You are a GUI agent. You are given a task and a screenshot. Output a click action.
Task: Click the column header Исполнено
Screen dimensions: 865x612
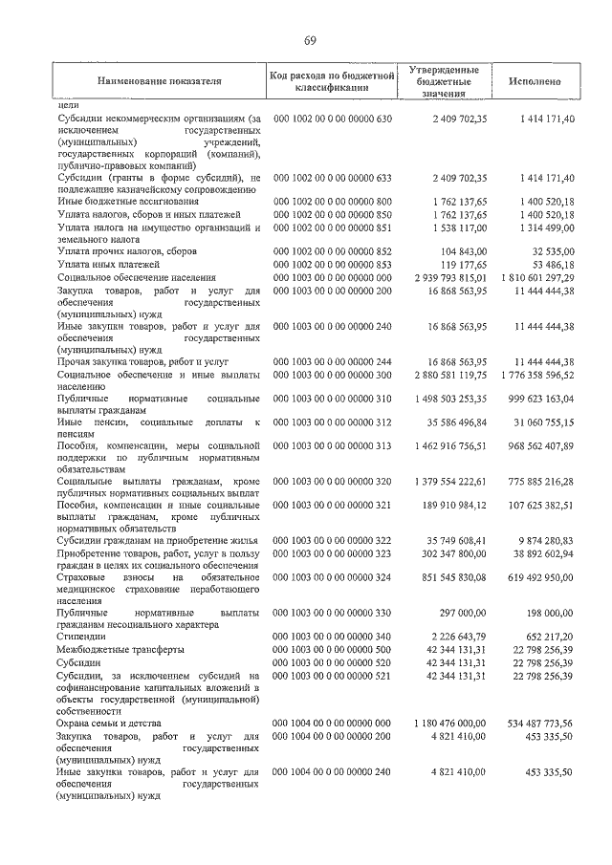535,82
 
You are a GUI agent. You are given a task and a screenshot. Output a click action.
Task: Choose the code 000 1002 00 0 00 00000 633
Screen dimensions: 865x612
333,178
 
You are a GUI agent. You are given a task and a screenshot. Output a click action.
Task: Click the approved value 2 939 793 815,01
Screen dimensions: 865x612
443,276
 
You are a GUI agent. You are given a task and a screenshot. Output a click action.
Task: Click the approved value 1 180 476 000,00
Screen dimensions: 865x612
443,724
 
